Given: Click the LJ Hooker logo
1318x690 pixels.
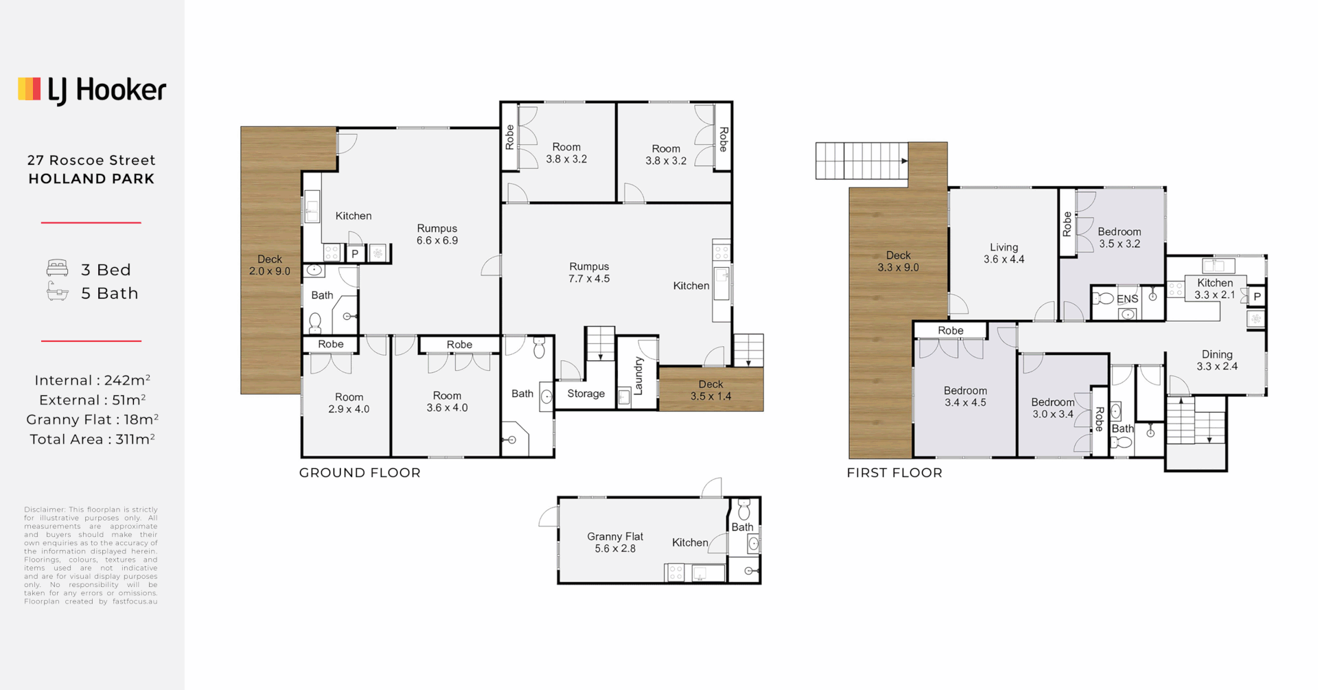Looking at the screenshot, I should (x=92, y=90).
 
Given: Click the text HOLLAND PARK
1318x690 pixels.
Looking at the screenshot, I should (x=91, y=179).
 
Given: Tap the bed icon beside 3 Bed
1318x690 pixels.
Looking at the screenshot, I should (x=57, y=268).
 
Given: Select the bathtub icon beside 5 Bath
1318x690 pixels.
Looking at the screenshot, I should (x=57, y=292).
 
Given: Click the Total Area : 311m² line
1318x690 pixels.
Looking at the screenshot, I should (x=92, y=439).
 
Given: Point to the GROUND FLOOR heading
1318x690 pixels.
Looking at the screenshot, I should (x=360, y=473).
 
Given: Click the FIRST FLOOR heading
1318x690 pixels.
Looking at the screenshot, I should (x=894, y=473).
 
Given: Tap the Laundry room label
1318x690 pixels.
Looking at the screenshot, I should (x=638, y=376).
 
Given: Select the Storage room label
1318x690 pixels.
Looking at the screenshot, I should (x=586, y=394).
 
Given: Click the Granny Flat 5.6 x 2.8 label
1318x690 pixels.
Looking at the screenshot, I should (x=614, y=542).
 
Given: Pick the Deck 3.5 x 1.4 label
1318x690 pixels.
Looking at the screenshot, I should (x=710, y=391).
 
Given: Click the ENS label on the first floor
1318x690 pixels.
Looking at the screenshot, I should (x=1127, y=299).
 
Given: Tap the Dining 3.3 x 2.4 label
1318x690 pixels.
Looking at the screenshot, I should (x=1216, y=360).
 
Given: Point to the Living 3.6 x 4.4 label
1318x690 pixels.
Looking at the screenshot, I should (x=1004, y=253).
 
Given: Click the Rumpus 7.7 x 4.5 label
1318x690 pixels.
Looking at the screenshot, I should (x=589, y=273).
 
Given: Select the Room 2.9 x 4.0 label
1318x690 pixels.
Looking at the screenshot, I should (x=349, y=403).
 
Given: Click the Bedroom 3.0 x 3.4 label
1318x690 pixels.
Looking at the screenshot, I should (x=1052, y=408).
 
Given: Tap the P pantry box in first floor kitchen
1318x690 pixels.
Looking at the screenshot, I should (x=1257, y=297).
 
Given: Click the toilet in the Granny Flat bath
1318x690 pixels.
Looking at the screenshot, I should (x=744, y=510).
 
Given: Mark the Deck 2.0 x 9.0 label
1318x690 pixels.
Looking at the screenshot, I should (x=269, y=265).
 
